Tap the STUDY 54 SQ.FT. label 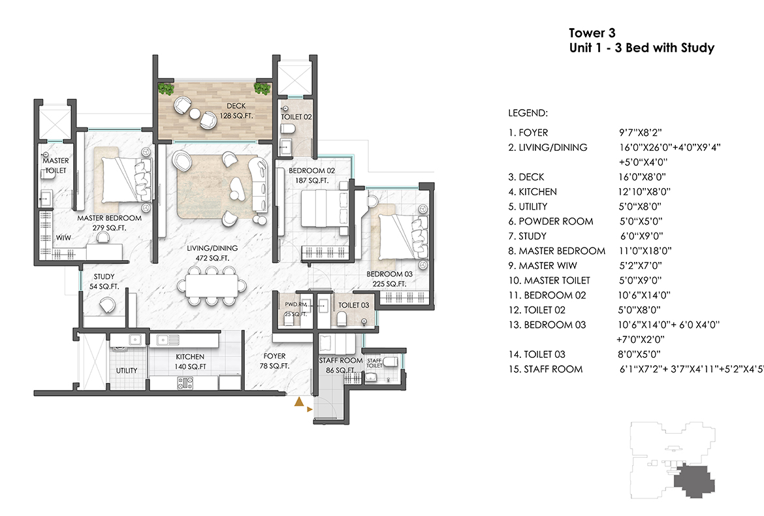(104, 282)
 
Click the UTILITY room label (127, 370)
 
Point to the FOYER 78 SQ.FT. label (275, 361)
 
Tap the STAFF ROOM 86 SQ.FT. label (340, 365)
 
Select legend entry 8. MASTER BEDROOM (557, 251)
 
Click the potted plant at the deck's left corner (167, 89)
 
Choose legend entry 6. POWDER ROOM (551, 221)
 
